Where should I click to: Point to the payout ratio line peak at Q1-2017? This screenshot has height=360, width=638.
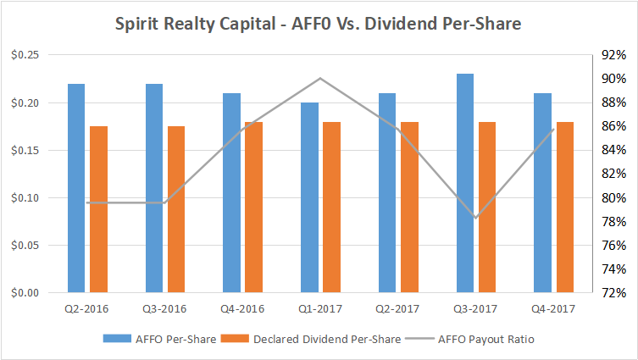(319, 79)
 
